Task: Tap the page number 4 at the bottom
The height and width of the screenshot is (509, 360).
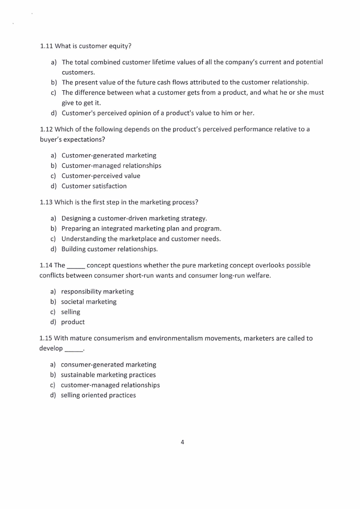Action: pyautogui.click(x=182, y=442)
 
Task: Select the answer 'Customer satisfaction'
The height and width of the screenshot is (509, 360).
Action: pyautogui.click(x=94, y=186)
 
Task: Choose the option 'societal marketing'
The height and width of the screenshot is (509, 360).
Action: pyautogui.click(x=88, y=302)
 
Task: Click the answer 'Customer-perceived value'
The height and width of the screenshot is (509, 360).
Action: pyautogui.click(x=101, y=176)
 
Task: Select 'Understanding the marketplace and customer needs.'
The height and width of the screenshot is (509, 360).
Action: pyautogui.click(x=141, y=239)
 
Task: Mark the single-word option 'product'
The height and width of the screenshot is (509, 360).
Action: pyautogui.click(x=73, y=322)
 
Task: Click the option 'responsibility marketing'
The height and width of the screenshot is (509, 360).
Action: pyautogui.click(x=97, y=292)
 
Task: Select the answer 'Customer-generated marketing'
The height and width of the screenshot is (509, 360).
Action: pyautogui.click(x=109, y=156)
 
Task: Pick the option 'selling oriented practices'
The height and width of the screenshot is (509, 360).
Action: pyautogui.click(x=98, y=395)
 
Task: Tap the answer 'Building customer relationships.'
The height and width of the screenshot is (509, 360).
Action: pyautogui.click(x=109, y=249)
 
